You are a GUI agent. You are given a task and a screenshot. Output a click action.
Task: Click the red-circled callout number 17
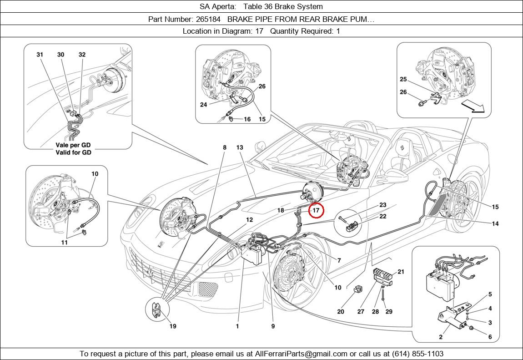(316, 211)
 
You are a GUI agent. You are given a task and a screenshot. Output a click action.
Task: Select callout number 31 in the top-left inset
(40, 55)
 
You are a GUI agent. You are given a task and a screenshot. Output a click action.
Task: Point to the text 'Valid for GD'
(73, 152)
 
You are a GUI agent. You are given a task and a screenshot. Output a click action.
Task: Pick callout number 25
(403, 79)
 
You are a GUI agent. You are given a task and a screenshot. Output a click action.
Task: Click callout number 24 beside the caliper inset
(204, 104)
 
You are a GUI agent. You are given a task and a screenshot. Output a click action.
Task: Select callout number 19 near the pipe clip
(173, 326)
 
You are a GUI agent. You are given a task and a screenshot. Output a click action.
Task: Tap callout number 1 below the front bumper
(237, 326)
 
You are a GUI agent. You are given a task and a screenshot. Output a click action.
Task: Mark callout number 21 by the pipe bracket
(401, 272)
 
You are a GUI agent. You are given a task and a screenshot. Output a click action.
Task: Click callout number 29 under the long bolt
(389, 312)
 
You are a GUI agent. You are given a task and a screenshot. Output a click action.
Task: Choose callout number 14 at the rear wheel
(495, 223)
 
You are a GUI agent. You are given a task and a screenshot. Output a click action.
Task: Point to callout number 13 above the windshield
(240, 147)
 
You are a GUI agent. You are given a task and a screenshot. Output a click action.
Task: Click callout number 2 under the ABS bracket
(441, 337)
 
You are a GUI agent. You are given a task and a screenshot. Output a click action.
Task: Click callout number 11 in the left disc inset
(65, 243)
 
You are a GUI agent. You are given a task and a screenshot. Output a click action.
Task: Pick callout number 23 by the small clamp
(382, 205)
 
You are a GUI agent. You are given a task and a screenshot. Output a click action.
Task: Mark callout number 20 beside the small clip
(341, 312)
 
